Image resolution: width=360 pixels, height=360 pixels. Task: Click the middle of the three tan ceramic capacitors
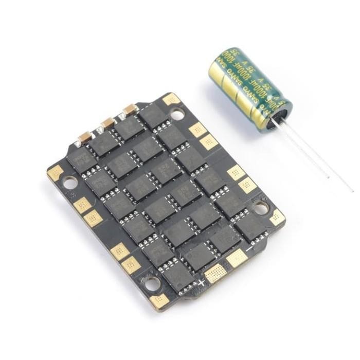coord(109,123)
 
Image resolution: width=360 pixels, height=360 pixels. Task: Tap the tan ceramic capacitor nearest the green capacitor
coord(130,110)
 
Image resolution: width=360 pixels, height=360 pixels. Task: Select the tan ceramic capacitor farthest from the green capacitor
coord(85,137)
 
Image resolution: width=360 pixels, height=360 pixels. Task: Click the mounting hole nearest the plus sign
coord(151,282)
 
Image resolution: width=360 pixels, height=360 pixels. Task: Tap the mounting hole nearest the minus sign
coord(261,208)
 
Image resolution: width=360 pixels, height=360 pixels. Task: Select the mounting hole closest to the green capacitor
coord(177,114)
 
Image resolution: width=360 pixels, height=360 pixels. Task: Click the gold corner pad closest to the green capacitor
coord(171,99)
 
